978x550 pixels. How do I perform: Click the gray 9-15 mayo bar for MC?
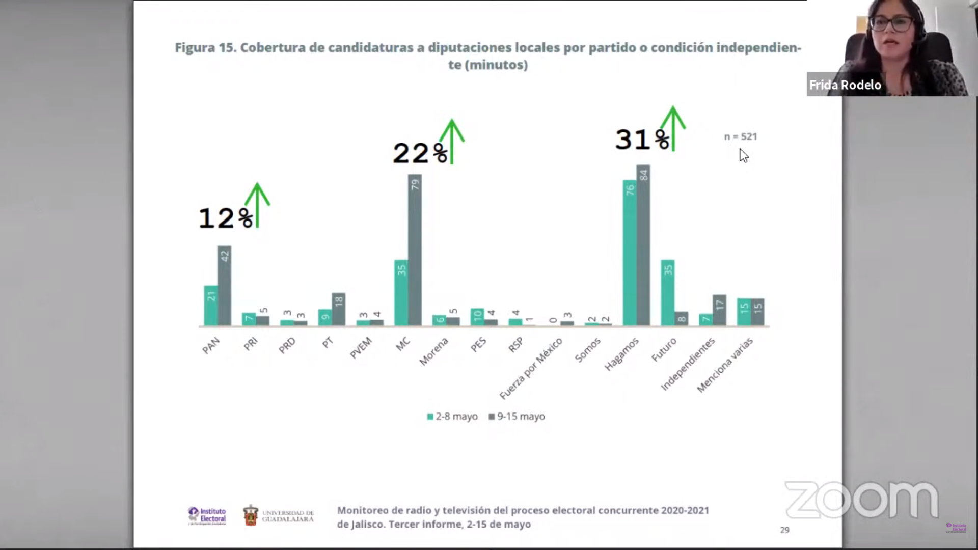(x=415, y=250)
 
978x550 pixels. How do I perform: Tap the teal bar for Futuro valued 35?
(x=668, y=292)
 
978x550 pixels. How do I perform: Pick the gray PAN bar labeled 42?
(x=224, y=285)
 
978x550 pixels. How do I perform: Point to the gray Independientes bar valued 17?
(x=719, y=310)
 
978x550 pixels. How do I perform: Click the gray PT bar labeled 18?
(x=339, y=309)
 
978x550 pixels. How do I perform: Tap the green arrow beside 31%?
(x=673, y=127)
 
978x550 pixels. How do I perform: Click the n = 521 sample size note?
(x=741, y=136)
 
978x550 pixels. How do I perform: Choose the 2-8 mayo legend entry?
(x=452, y=417)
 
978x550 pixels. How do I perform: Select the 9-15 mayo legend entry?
(x=517, y=417)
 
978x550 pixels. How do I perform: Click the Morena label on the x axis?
(x=433, y=351)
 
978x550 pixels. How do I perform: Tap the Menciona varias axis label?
(x=724, y=365)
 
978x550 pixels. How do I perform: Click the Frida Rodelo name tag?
(x=845, y=85)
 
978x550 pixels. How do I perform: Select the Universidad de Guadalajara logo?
(x=278, y=515)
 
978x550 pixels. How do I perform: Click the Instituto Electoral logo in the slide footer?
(x=207, y=515)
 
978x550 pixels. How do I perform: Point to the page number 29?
(x=784, y=530)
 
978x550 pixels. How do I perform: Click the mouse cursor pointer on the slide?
(x=743, y=155)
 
